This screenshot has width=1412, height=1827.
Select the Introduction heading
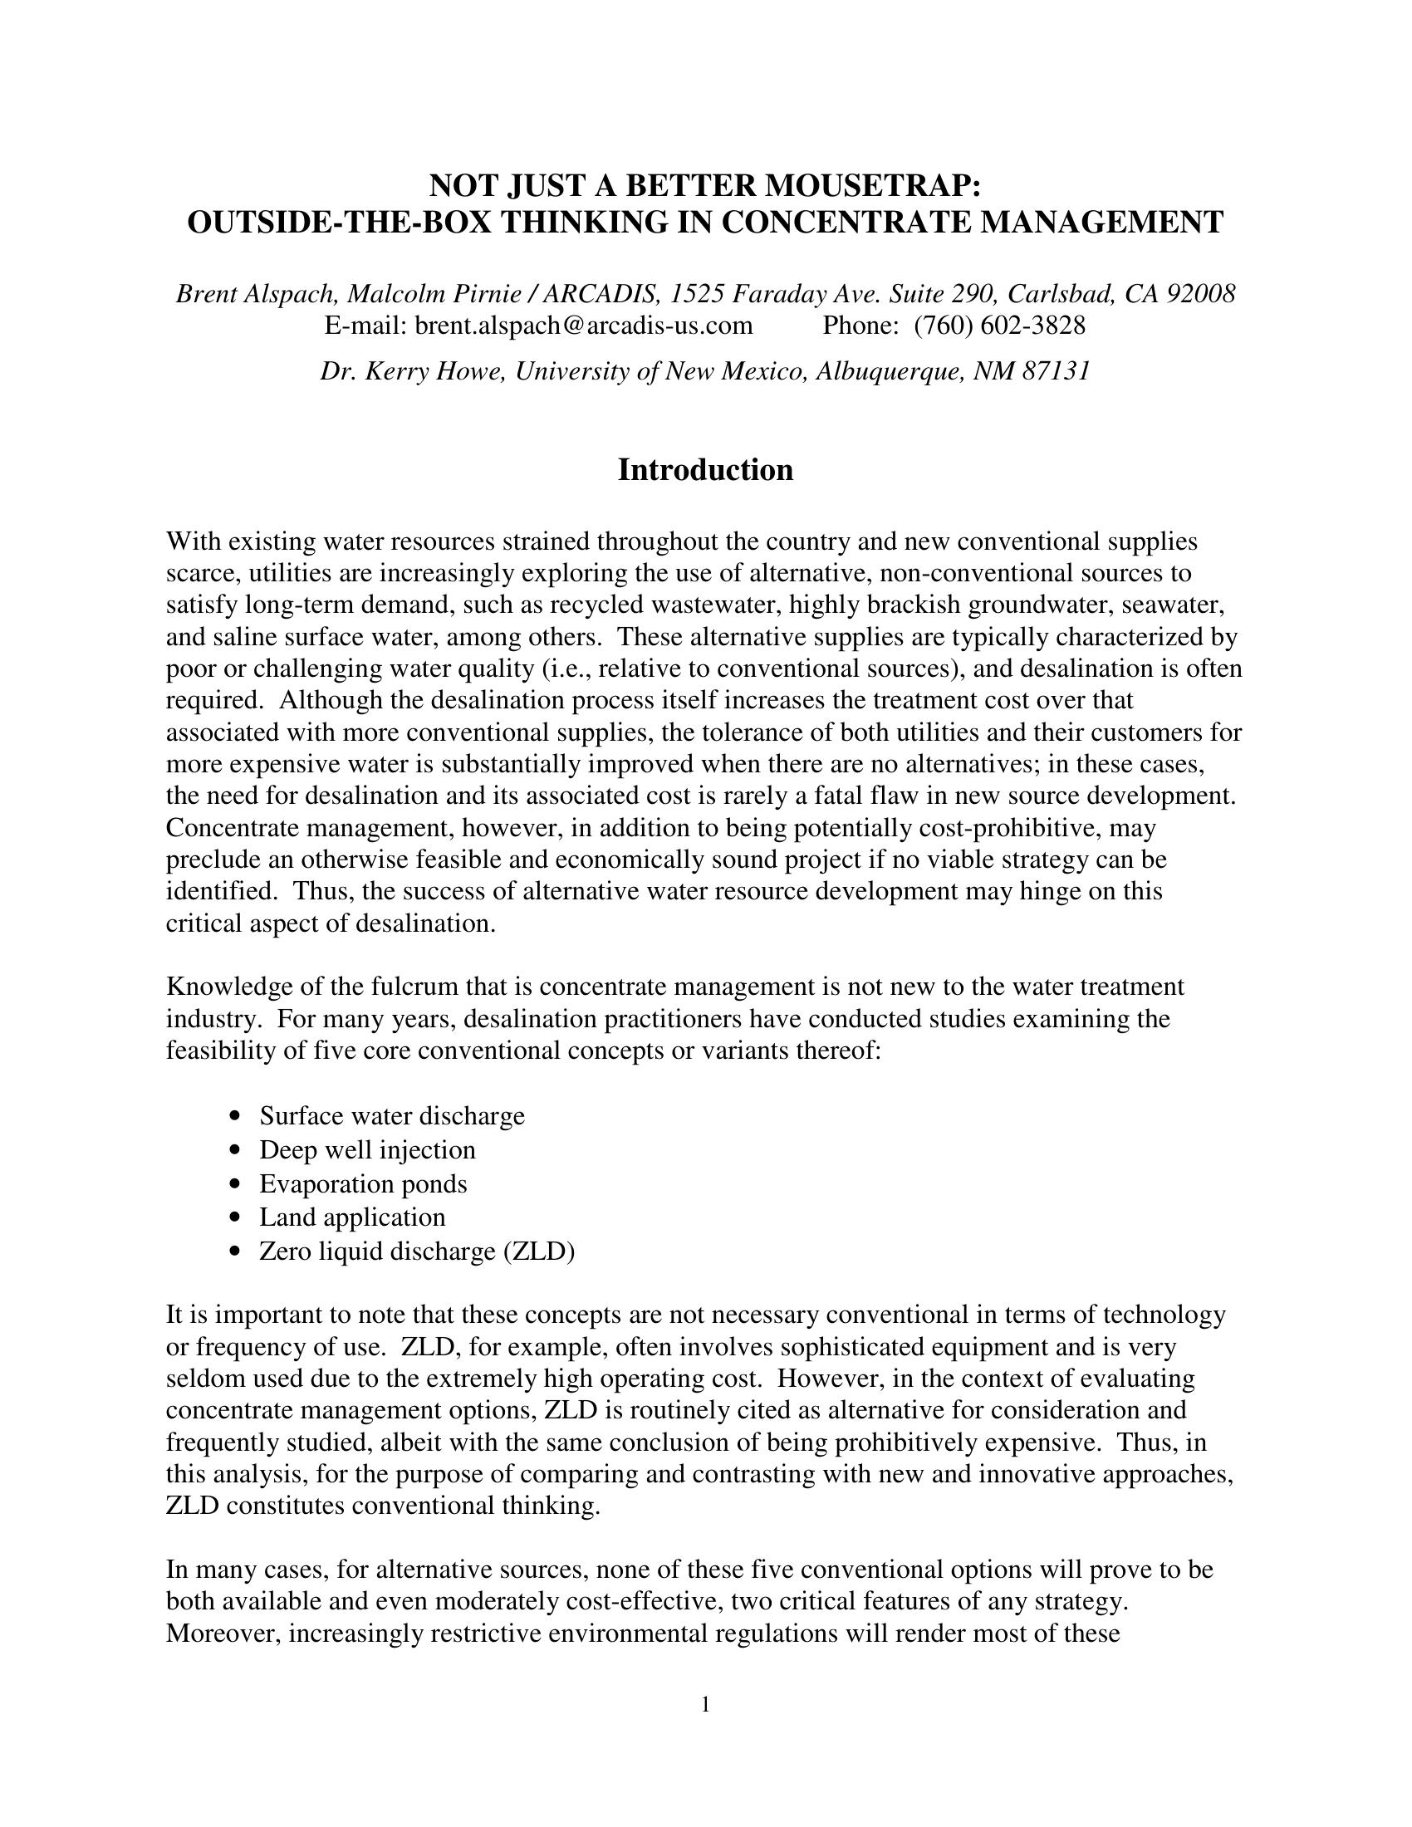tap(705, 470)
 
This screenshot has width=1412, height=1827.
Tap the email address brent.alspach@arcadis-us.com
tap(583, 326)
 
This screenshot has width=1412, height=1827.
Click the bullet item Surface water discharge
tap(391, 1116)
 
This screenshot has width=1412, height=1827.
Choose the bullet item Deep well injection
tap(367, 1150)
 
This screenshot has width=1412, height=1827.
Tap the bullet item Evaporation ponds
tap(363, 1183)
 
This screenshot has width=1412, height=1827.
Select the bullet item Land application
tap(352, 1217)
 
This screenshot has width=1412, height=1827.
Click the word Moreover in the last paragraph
tap(223, 1633)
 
